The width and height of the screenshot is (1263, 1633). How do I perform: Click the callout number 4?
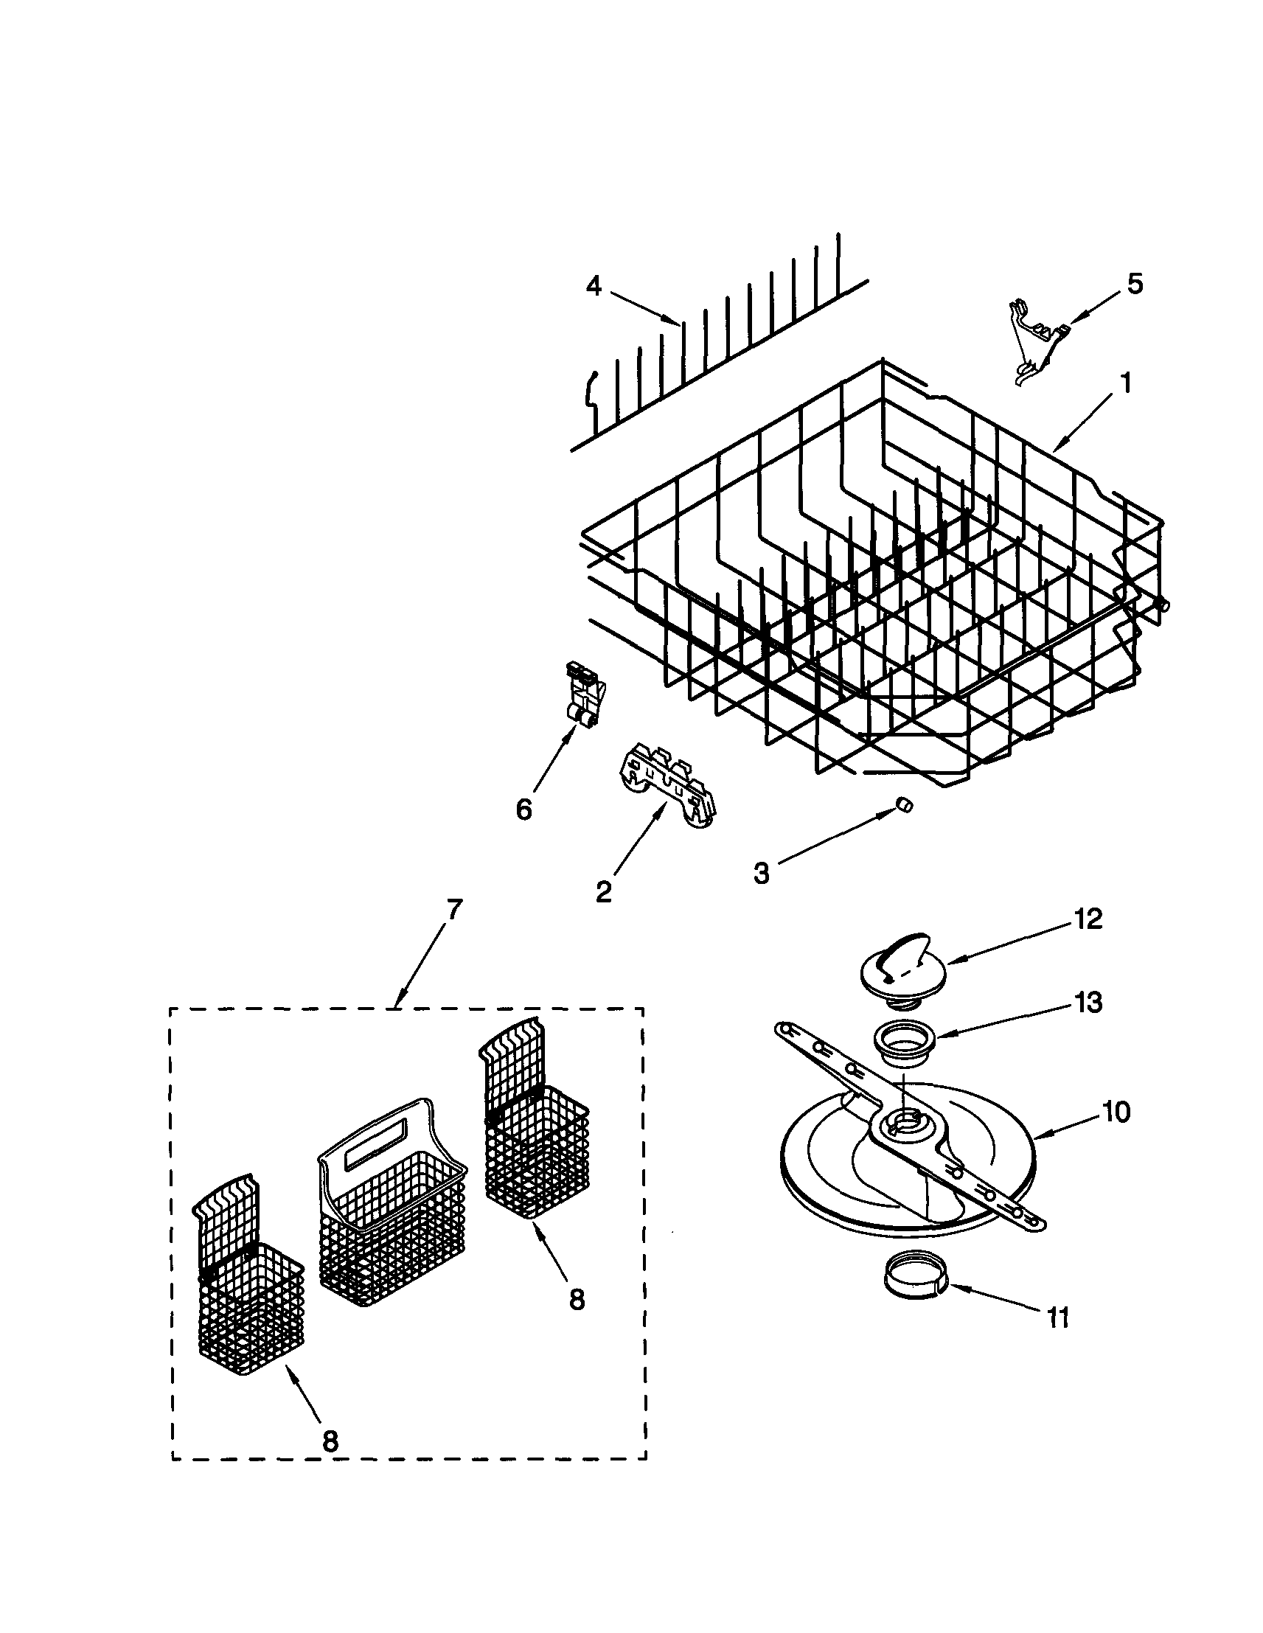coord(593,286)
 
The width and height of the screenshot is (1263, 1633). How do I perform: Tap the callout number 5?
coord(1135,284)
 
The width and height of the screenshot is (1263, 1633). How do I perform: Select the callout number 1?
coord(1124,384)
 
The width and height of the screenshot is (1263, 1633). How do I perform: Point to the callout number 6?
coord(524,808)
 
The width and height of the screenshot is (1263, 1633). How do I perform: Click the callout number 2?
coord(603,891)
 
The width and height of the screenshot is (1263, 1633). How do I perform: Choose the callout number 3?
coord(761,874)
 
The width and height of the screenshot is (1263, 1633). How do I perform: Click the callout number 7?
coord(455,911)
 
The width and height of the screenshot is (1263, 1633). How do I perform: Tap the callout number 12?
coord(1088,919)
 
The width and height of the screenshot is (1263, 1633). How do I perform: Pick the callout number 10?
coord(1116,1113)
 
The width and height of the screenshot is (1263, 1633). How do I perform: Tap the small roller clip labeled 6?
coord(584,693)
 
